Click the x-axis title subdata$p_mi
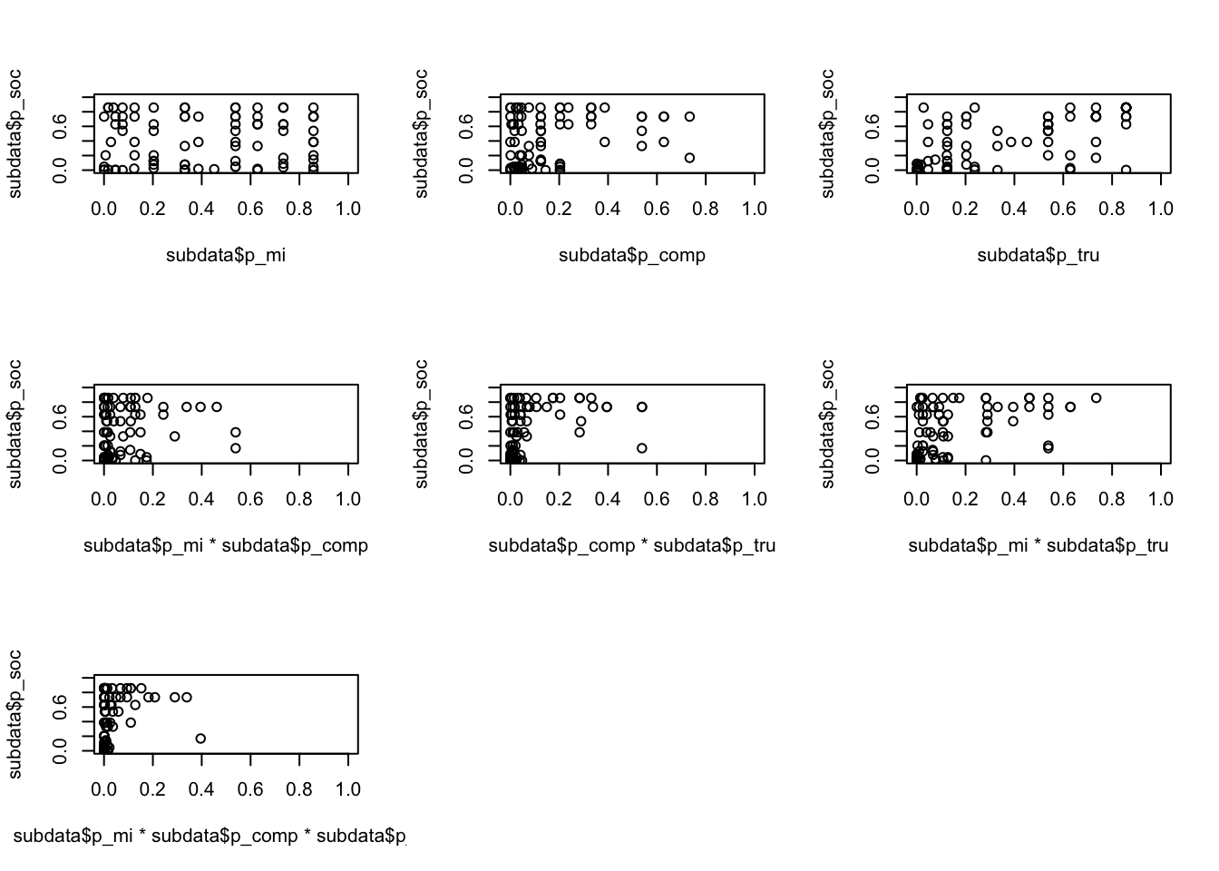point(225,255)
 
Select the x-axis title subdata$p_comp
point(631,255)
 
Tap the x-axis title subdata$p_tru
point(1038,255)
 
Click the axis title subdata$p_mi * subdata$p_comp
point(225,545)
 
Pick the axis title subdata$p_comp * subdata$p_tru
point(631,545)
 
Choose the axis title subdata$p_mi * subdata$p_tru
point(1038,545)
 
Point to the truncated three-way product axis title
point(210,836)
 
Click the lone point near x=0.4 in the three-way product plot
point(200,739)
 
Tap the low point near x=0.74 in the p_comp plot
point(689,158)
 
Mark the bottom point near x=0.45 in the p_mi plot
point(214,169)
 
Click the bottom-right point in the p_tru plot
point(1126,170)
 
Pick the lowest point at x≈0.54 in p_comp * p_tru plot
point(642,448)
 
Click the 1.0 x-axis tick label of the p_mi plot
point(348,209)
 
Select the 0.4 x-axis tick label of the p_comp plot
point(608,209)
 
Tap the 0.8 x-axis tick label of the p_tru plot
point(1112,209)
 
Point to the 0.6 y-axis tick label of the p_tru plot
point(873,125)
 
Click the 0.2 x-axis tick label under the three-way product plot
point(152,789)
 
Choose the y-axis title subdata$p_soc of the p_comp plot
point(421,132)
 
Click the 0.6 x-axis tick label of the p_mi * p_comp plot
point(250,499)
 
